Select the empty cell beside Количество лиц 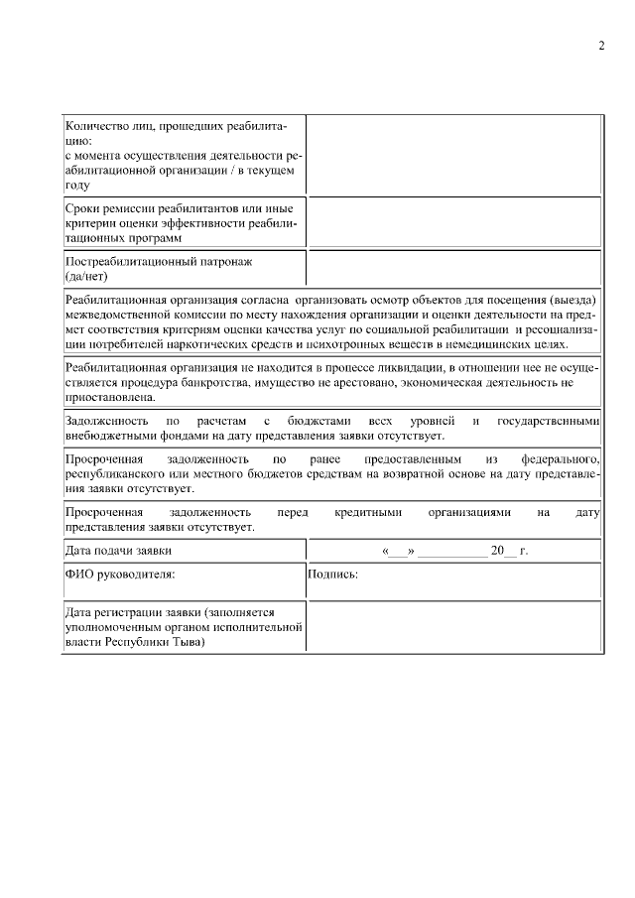coord(453,155)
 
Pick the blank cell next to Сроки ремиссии coord(453,223)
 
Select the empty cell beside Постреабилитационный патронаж coord(453,268)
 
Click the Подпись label coord(332,574)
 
